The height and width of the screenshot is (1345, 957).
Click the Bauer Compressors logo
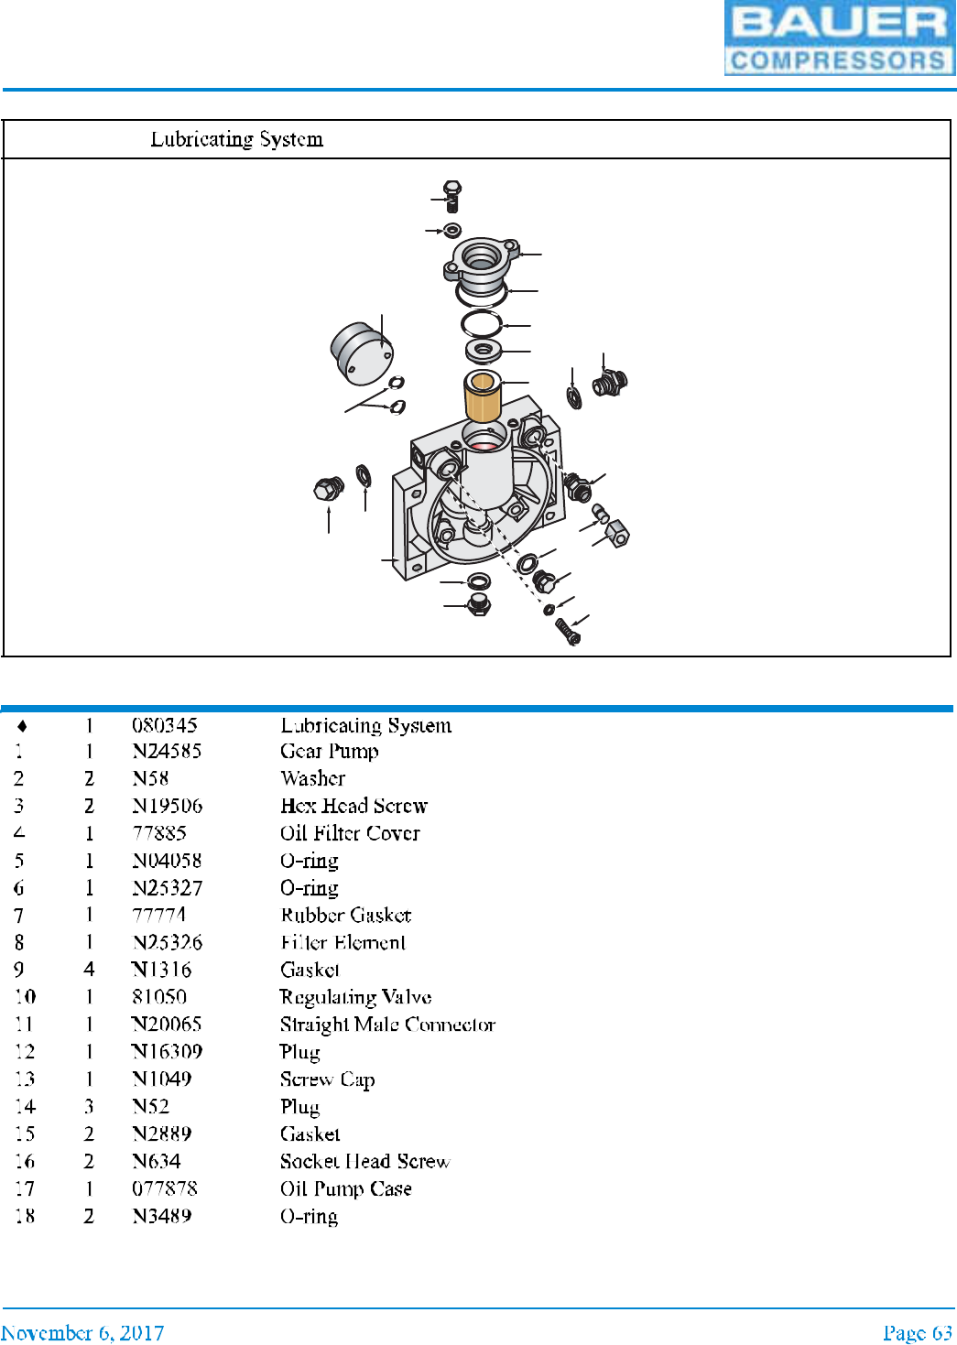(839, 38)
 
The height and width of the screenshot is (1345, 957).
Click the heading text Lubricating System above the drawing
(236, 139)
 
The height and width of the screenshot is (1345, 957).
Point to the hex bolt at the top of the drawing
(451, 194)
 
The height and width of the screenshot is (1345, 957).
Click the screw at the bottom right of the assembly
(568, 631)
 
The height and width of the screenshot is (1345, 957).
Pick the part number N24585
(167, 752)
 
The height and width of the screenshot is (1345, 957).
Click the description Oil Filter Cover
(350, 833)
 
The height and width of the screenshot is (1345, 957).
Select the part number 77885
(159, 833)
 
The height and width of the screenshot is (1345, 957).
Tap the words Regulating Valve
(355, 997)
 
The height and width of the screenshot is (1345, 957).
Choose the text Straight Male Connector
(387, 1025)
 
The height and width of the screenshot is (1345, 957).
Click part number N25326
(167, 942)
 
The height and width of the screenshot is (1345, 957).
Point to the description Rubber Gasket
(345, 915)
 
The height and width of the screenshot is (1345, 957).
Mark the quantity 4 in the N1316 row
(89, 970)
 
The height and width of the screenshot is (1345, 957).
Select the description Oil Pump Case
(345, 1188)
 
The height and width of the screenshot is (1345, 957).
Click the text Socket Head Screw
(364, 1161)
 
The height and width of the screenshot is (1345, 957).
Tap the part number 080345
(164, 725)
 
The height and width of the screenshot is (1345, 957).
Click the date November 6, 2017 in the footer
(82, 1332)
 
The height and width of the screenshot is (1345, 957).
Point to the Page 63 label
(917, 1332)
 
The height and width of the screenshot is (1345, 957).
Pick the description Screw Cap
(327, 1079)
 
